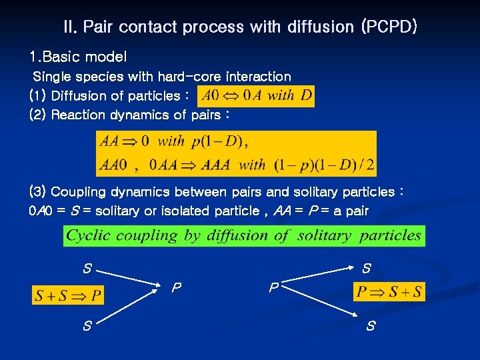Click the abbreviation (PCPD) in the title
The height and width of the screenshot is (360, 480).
point(389,27)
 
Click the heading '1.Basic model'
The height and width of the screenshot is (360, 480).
point(78,57)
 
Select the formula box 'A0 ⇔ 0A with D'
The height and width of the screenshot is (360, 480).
point(256,95)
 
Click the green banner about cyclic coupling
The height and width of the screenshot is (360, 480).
point(244,235)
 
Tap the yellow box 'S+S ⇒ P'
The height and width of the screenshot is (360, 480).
point(68,295)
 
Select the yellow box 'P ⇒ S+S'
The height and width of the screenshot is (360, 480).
point(389,292)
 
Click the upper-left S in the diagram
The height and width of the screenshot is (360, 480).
point(87,269)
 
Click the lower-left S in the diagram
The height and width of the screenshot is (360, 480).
point(87,327)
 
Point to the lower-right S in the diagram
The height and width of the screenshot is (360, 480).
point(371,327)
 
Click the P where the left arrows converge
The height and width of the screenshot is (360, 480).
point(176,289)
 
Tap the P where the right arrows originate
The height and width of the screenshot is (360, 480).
point(273,289)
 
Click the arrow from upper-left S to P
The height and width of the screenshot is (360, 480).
point(133,279)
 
